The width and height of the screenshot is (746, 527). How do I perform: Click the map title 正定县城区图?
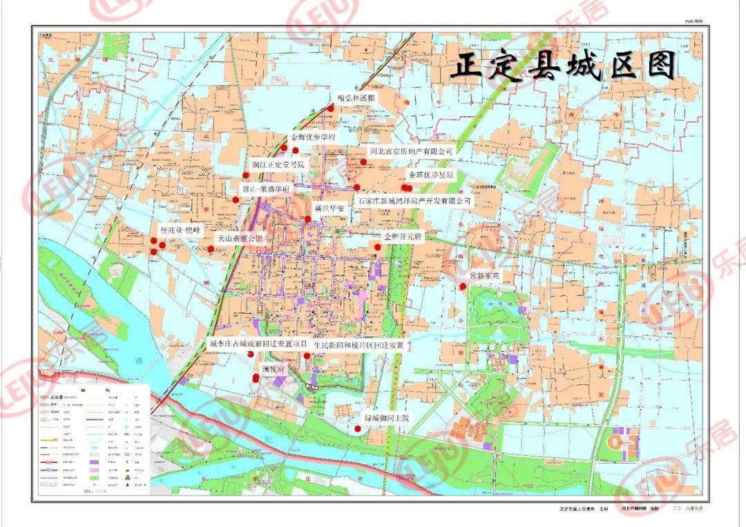tap(563, 67)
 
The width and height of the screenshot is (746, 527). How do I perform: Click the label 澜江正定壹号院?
tap(278, 165)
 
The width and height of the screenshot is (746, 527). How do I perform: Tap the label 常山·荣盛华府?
tap(265, 188)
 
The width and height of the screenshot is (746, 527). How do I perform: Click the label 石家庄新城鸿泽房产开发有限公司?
tap(414, 201)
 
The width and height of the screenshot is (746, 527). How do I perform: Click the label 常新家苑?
tap(488, 275)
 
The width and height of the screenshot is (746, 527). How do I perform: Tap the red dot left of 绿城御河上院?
tap(358, 429)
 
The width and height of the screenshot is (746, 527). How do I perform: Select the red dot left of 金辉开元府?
tap(378, 246)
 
